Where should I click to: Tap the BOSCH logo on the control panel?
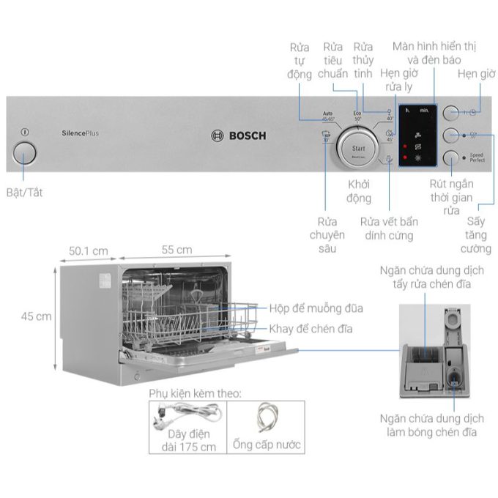click(x=239, y=135)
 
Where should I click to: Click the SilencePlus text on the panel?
click(x=81, y=133)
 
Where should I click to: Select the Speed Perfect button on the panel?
click(x=453, y=157)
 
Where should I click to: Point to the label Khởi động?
click(x=359, y=192)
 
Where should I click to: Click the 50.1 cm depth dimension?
click(x=88, y=251)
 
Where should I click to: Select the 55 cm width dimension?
click(x=176, y=250)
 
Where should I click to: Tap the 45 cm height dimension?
click(x=36, y=316)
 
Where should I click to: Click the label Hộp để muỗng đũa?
click(x=316, y=309)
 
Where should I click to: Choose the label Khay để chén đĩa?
click(x=311, y=329)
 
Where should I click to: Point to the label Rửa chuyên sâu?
click(x=327, y=235)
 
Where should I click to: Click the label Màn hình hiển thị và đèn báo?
click(x=434, y=52)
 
